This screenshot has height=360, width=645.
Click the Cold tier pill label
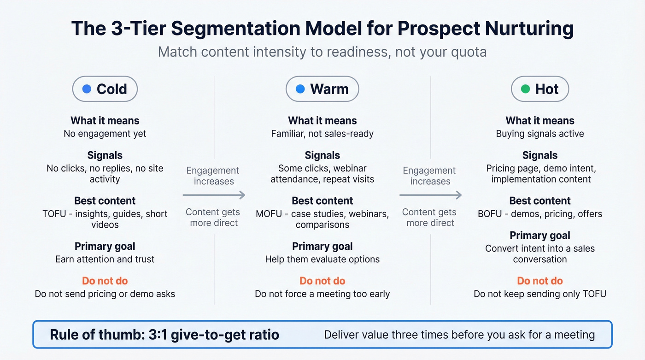tap(105, 89)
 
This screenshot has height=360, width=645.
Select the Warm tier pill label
tap(322, 89)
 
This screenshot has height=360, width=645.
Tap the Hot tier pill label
tap(540, 89)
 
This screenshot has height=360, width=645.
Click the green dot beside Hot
tap(525, 89)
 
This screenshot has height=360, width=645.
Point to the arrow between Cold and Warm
tap(214, 195)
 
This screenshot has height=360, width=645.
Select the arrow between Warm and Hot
tap(430, 195)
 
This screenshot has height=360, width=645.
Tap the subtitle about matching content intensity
tap(322, 52)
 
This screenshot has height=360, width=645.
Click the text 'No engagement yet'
tap(105, 134)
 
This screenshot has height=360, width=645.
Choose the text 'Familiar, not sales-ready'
tap(322, 134)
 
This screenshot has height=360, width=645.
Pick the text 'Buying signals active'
tap(540, 134)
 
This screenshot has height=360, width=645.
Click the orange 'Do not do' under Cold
tap(105, 281)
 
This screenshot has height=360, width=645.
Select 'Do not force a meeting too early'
tap(322, 294)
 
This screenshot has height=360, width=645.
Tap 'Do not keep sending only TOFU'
tap(540, 294)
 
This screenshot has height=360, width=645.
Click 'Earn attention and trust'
tap(105, 259)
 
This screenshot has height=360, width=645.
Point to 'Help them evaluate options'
tap(322, 259)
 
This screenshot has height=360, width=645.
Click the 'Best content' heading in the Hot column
tap(540, 201)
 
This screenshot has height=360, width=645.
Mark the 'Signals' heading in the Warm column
tap(322, 155)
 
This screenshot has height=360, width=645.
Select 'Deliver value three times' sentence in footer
tap(459, 334)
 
